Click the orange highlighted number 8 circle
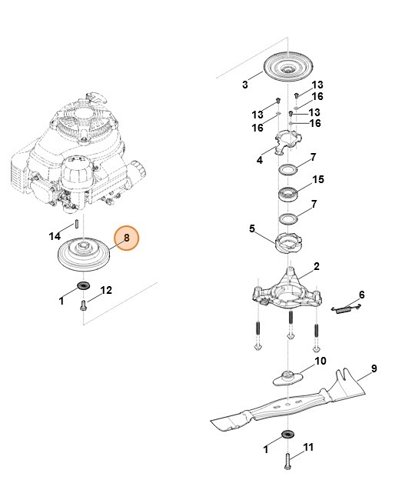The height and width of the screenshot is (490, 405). click(125, 240)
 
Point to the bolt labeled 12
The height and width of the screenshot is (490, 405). click(83, 305)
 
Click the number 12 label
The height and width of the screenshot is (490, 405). click(107, 290)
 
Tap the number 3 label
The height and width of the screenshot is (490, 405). click(244, 85)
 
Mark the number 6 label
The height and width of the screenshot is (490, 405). click(362, 295)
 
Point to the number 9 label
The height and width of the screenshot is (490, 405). click(373, 369)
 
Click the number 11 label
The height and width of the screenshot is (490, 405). click(310, 447)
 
